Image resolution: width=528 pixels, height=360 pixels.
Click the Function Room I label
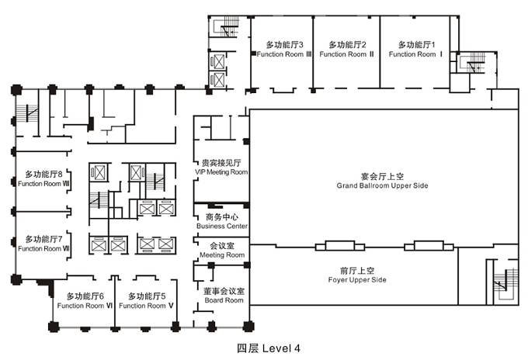pos(416,54)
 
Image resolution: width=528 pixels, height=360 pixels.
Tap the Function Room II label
pos(346,54)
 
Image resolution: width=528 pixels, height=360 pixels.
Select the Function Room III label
pos(284,54)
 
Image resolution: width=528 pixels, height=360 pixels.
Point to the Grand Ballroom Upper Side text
pos(382,185)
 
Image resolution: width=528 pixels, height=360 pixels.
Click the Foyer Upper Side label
pos(357,280)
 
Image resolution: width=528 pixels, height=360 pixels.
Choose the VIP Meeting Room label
pos(221,172)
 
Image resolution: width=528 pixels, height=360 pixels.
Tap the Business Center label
pos(222,226)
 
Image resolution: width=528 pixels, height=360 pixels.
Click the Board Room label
pos(224,300)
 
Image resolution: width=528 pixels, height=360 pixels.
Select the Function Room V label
pos(146,306)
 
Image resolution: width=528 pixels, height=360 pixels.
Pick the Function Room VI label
pos(85,306)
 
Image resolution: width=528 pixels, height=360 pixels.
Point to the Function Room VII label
pos(43,248)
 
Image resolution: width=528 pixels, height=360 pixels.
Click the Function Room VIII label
pos(43,184)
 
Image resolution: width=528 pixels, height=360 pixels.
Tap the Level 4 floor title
pos(269,348)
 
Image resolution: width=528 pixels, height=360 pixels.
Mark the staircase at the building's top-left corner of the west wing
pos(27,114)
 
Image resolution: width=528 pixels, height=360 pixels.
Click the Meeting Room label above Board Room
pos(222,255)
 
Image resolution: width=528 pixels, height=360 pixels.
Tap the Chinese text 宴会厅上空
pos(382,176)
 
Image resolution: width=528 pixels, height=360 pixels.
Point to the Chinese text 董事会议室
pos(224,291)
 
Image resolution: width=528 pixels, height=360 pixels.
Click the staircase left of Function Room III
pos(225,27)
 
